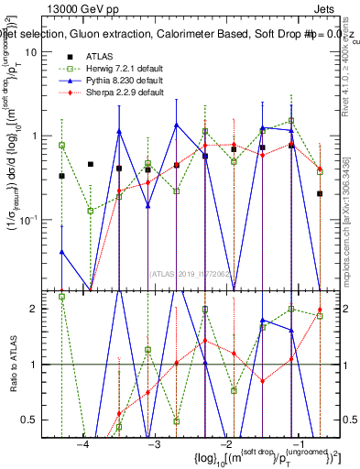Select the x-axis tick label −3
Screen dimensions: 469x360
click(154, 444)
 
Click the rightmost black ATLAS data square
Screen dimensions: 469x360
click(320, 193)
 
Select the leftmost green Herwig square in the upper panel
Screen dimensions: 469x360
click(61, 145)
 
